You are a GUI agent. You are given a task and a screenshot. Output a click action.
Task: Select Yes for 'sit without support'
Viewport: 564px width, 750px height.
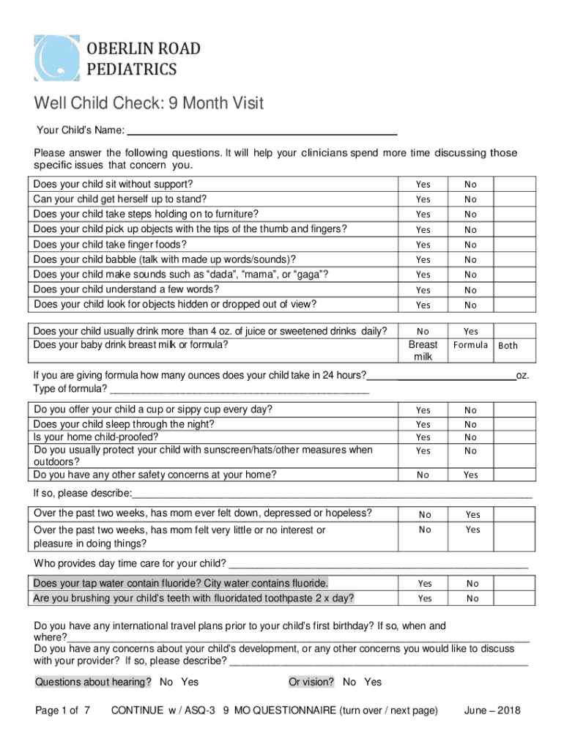(x=423, y=185)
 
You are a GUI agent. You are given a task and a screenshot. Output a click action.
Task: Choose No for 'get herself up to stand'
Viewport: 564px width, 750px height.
(x=470, y=199)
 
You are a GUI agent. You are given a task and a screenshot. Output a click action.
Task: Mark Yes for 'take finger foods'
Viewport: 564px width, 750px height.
(x=423, y=245)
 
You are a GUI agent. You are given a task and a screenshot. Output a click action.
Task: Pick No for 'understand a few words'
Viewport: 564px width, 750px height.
(x=470, y=290)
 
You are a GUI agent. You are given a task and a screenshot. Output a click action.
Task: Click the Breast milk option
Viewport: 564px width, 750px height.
(x=423, y=350)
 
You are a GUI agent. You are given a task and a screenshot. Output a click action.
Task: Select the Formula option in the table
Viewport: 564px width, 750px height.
(x=470, y=345)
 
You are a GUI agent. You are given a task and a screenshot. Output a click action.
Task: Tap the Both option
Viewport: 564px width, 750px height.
(x=508, y=345)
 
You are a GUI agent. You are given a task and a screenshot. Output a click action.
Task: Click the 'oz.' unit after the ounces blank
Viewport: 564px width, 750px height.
(x=522, y=376)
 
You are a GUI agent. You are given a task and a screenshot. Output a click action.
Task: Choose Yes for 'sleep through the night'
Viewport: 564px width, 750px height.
(x=423, y=424)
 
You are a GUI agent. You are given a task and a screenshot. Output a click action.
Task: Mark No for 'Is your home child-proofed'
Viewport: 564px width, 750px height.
(x=470, y=437)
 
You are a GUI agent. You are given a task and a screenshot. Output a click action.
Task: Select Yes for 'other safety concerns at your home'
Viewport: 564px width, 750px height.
(x=470, y=475)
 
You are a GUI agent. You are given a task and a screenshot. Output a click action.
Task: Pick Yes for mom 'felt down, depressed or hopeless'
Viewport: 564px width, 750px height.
(x=472, y=514)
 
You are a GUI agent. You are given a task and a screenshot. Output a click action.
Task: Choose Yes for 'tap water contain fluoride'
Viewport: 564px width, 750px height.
(x=424, y=584)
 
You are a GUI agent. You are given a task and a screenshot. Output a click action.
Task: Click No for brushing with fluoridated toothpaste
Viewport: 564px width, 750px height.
(x=472, y=598)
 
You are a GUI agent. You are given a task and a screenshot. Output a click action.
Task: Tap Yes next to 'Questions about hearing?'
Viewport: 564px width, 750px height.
(x=190, y=683)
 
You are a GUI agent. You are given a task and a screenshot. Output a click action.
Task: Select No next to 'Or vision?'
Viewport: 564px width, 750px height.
(x=349, y=683)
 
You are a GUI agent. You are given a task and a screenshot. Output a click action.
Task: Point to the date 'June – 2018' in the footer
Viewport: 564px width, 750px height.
(x=492, y=710)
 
